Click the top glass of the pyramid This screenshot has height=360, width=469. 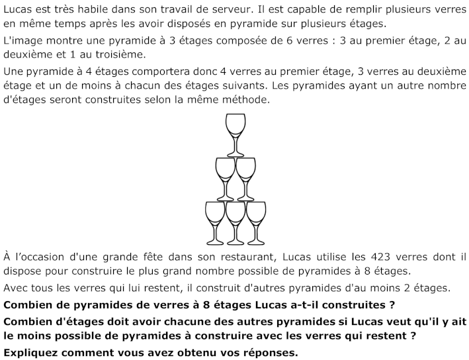pyautogui.click(x=235, y=129)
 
